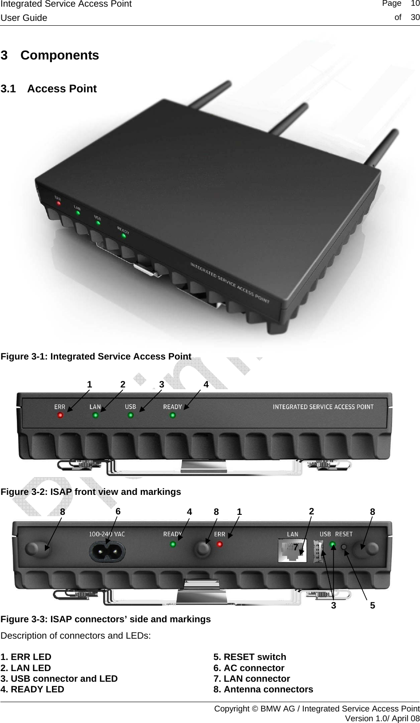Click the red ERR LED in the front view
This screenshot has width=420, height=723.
(x=60, y=415)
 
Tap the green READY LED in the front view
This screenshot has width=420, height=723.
(x=173, y=415)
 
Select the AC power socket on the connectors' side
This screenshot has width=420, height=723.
(x=107, y=552)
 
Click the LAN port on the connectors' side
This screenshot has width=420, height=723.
(x=292, y=551)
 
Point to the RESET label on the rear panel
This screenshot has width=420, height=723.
(x=344, y=534)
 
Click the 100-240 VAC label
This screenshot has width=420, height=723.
(x=107, y=534)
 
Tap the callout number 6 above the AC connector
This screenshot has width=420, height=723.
(x=118, y=511)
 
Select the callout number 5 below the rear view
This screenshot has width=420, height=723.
(x=372, y=605)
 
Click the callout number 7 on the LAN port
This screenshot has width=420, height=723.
(x=296, y=547)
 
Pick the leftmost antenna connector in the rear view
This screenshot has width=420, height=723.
(x=32, y=549)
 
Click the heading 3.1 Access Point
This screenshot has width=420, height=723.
(x=49, y=89)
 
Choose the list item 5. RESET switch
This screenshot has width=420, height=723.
(x=250, y=657)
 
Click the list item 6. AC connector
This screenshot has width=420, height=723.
(x=249, y=668)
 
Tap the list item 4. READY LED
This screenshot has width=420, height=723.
(x=32, y=689)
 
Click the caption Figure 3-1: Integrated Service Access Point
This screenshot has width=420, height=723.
(x=96, y=356)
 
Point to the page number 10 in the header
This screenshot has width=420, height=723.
(x=415, y=4)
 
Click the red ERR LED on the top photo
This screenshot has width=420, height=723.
(x=58, y=204)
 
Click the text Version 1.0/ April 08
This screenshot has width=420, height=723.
(x=382, y=718)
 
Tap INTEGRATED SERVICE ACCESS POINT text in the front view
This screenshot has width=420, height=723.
(x=323, y=407)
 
